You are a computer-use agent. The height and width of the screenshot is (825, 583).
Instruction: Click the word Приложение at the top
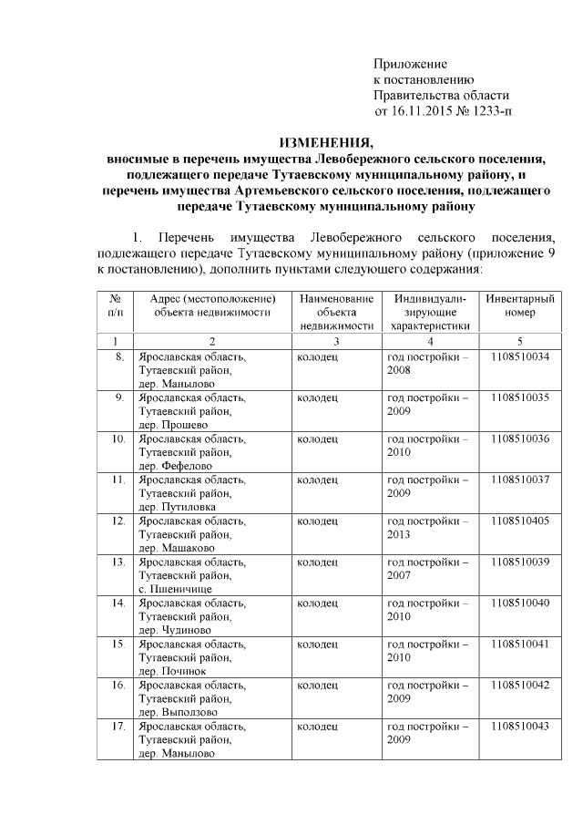click(x=411, y=64)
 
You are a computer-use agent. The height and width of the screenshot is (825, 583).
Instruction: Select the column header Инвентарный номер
click(x=519, y=305)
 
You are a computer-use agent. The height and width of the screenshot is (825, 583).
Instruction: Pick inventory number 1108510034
click(x=519, y=357)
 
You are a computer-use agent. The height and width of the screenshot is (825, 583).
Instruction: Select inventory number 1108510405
click(x=519, y=521)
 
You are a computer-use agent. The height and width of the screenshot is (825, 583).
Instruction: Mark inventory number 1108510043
click(x=519, y=726)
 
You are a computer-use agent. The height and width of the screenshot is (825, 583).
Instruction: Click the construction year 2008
click(x=399, y=371)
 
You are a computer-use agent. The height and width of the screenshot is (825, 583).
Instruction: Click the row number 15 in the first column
click(x=118, y=644)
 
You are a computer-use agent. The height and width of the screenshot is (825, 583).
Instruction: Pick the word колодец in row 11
click(x=318, y=480)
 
